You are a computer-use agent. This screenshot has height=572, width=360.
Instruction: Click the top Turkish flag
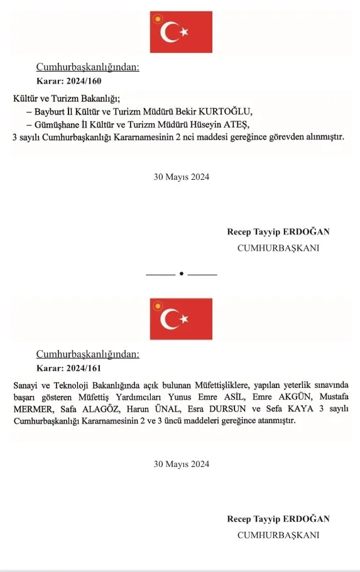[x=181, y=32]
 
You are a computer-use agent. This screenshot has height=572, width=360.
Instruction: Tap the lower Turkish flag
[x=181, y=319]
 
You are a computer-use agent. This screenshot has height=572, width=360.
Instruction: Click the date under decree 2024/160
[x=181, y=177]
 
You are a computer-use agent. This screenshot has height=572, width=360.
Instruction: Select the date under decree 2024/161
[x=181, y=465]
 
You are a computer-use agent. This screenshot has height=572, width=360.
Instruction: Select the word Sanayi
[x=26, y=385]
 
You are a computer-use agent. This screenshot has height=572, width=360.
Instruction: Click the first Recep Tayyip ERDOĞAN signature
[x=278, y=232]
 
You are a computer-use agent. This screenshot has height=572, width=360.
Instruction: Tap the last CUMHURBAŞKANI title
[x=278, y=535]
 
